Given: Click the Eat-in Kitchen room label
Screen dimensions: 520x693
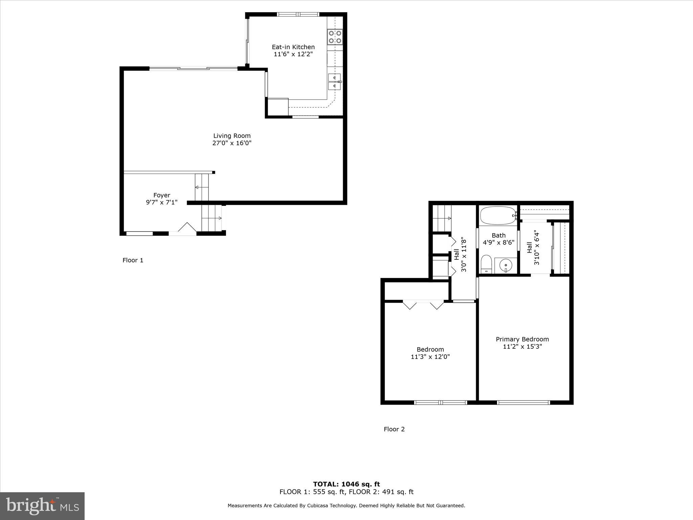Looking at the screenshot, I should pyautogui.click(x=293, y=47).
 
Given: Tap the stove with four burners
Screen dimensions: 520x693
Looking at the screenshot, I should pyautogui.click(x=335, y=37).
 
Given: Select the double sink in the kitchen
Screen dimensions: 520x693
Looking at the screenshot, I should pyautogui.click(x=334, y=82).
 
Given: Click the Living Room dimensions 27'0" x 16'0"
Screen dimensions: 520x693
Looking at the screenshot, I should pyautogui.click(x=232, y=143).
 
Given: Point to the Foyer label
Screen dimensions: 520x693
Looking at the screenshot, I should pyautogui.click(x=162, y=195).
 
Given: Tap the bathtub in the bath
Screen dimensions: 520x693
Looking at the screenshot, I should pyautogui.click(x=497, y=216).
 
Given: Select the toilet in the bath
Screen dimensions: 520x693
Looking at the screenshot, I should pyautogui.click(x=486, y=264).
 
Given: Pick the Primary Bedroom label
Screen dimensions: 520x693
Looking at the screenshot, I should pyautogui.click(x=522, y=339).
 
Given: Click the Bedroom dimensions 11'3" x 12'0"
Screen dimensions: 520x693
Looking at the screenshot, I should pyautogui.click(x=430, y=357).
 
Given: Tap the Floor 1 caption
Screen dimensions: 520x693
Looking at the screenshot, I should pyautogui.click(x=133, y=260).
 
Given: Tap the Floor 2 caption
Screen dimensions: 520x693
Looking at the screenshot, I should pyautogui.click(x=394, y=429).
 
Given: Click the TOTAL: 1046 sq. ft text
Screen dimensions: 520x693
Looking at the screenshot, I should pyautogui.click(x=346, y=484).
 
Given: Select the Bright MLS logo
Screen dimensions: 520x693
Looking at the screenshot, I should pyautogui.click(x=42, y=506).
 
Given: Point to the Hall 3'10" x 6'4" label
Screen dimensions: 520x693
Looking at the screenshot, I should pyautogui.click(x=533, y=247).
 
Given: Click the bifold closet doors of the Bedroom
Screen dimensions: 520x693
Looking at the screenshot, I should pyautogui.click(x=423, y=304).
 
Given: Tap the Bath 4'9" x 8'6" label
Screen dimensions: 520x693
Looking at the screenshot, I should pyautogui.click(x=498, y=239).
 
